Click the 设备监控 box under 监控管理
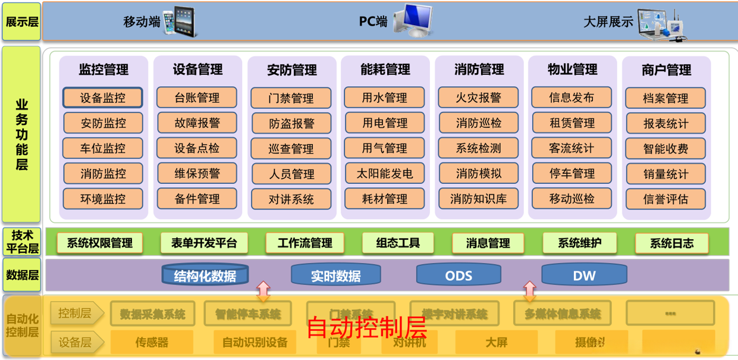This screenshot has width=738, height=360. (x=103, y=98)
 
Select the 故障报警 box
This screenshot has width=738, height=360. (x=197, y=123)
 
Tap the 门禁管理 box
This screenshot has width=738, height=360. (x=291, y=98)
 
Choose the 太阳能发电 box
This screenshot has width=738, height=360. (x=385, y=174)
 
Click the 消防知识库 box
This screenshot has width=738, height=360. (x=479, y=199)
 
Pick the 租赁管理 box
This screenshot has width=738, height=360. (x=572, y=123)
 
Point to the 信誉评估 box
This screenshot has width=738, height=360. (x=665, y=199)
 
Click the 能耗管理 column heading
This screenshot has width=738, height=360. (x=385, y=70)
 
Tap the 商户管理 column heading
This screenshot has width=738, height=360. (x=666, y=70)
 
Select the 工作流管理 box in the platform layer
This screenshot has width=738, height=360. (x=305, y=243)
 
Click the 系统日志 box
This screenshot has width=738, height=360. (x=671, y=243)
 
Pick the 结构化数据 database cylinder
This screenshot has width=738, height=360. (x=205, y=274)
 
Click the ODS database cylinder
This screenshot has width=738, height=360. (x=458, y=274)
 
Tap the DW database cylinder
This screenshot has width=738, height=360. (x=584, y=274)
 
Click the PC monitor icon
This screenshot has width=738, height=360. (x=412, y=21)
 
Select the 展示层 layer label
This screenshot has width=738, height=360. (x=21, y=22)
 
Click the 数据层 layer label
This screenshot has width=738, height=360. (x=22, y=274)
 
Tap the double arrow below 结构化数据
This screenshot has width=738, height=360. (x=262, y=291)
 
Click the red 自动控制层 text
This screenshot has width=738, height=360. (x=366, y=327)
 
